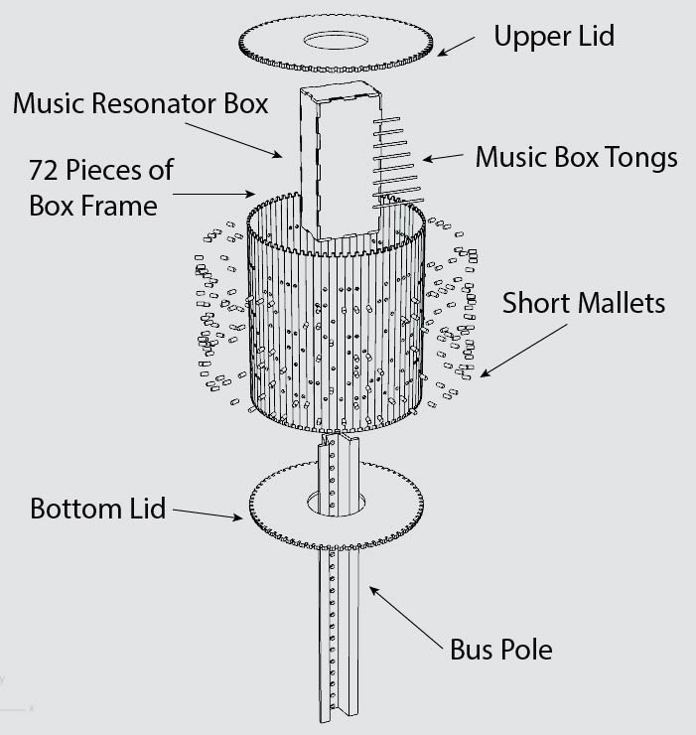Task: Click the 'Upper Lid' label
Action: tap(554, 36)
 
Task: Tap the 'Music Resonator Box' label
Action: tap(140, 103)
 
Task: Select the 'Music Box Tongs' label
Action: tap(577, 157)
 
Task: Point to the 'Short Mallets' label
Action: tap(584, 303)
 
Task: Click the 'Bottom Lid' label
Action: tap(98, 509)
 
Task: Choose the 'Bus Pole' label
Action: tap(501, 650)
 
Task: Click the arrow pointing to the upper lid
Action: tap(456, 47)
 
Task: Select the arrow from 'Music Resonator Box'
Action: tap(234, 140)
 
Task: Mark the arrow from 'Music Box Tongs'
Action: tap(443, 157)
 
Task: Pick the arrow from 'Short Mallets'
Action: tap(523, 351)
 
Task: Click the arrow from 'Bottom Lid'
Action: tap(208, 514)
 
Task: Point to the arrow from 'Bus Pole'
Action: tap(405, 617)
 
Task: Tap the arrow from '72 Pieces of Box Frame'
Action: tap(213, 194)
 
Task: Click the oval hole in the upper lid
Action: tap(336, 41)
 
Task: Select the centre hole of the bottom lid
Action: tap(337, 504)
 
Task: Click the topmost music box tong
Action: tap(386, 120)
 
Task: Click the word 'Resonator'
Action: tap(157, 103)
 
